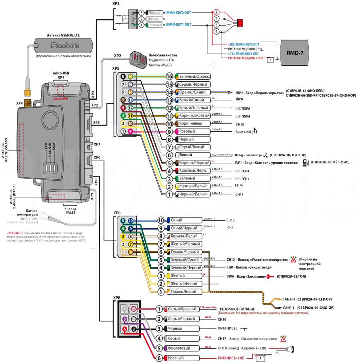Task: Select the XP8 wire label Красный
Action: [176, 358]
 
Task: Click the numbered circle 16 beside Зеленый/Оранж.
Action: [170, 76]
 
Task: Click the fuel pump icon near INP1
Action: [305, 163]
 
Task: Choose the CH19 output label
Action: [222, 320]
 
